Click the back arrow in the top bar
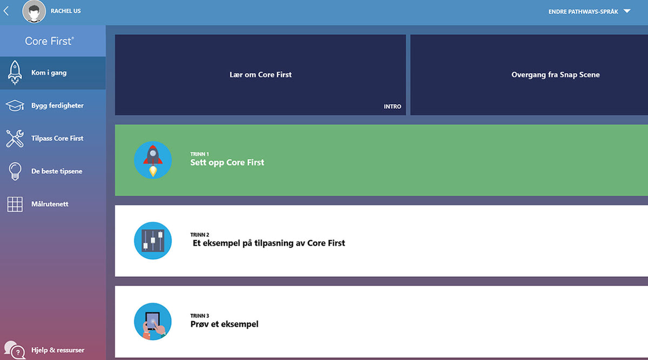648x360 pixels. (6, 11)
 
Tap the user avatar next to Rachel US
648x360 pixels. (34, 11)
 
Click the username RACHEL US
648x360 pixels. (65, 11)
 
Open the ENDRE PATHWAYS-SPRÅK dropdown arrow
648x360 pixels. (626, 11)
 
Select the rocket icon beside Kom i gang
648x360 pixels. (15, 73)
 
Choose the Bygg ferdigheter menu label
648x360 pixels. (57, 106)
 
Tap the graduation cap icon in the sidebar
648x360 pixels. (15, 106)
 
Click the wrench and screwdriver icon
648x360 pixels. (15, 139)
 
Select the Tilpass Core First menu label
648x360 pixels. (57, 139)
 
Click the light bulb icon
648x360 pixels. (15, 171)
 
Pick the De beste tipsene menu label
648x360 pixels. (57, 172)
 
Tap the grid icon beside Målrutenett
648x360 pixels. (15, 205)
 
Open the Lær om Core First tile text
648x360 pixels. (260, 75)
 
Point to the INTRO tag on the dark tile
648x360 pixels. (392, 106)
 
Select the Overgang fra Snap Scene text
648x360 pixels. (555, 75)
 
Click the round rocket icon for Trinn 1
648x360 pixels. (153, 160)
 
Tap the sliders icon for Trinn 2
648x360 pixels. (153, 241)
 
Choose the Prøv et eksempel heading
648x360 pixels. (224, 324)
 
